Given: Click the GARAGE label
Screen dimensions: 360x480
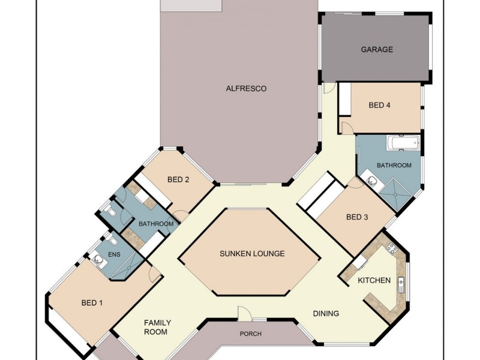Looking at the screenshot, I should tap(377, 50).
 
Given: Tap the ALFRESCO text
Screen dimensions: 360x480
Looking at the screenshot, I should tap(246, 89).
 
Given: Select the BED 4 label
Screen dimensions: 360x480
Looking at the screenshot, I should tap(380, 106).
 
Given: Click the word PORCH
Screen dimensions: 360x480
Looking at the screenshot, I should tap(250, 334).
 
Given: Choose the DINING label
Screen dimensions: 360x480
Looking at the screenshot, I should tap(326, 313).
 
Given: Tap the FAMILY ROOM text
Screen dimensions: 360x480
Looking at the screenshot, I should tap(155, 327).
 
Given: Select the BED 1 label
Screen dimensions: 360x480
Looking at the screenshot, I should tap(92, 303).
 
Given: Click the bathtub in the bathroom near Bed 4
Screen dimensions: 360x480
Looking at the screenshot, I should tap(400, 143).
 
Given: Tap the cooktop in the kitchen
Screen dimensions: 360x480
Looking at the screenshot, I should tap(392, 248).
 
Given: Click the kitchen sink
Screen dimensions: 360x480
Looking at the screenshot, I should tap(400, 283).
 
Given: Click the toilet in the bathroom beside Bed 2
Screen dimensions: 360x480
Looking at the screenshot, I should tap(108, 211).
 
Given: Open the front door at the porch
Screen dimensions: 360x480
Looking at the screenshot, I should tap(245, 313).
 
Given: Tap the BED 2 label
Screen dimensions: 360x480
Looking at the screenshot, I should tap(178, 179).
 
